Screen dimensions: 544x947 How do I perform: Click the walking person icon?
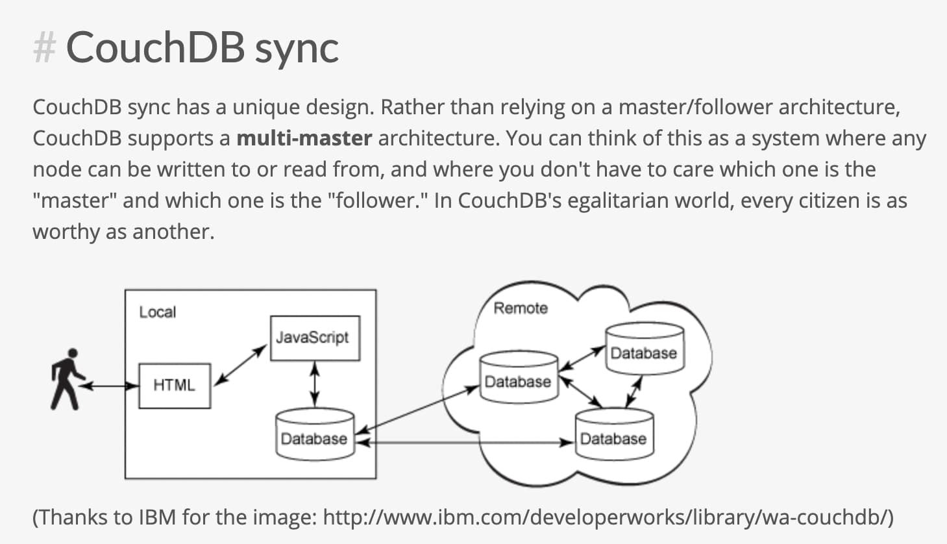click(66, 379)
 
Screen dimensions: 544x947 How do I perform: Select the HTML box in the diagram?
click(174, 386)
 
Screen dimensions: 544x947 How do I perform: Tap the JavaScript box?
click(314, 338)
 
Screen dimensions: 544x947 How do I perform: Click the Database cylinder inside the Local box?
click(314, 435)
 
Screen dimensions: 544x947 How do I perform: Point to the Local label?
click(157, 312)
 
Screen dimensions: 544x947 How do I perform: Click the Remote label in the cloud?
click(521, 308)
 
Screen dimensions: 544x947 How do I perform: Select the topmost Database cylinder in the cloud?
click(644, 350)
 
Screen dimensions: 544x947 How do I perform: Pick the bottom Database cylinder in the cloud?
click(614, 435)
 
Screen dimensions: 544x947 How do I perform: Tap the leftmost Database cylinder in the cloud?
click(518, 378)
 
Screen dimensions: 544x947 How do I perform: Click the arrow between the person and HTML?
click(109, 386)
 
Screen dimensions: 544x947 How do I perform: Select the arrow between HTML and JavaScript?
click(240, 365)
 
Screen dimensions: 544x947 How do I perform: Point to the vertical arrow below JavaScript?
click(315, 384)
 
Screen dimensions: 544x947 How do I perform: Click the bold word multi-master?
click(304, 138)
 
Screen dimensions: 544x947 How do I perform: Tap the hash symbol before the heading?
click(44, 47)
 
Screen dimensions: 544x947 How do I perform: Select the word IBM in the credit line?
click(156, 517)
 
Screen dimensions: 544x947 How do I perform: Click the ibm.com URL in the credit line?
click(608, 517)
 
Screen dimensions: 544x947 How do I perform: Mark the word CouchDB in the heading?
click(155, 47)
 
